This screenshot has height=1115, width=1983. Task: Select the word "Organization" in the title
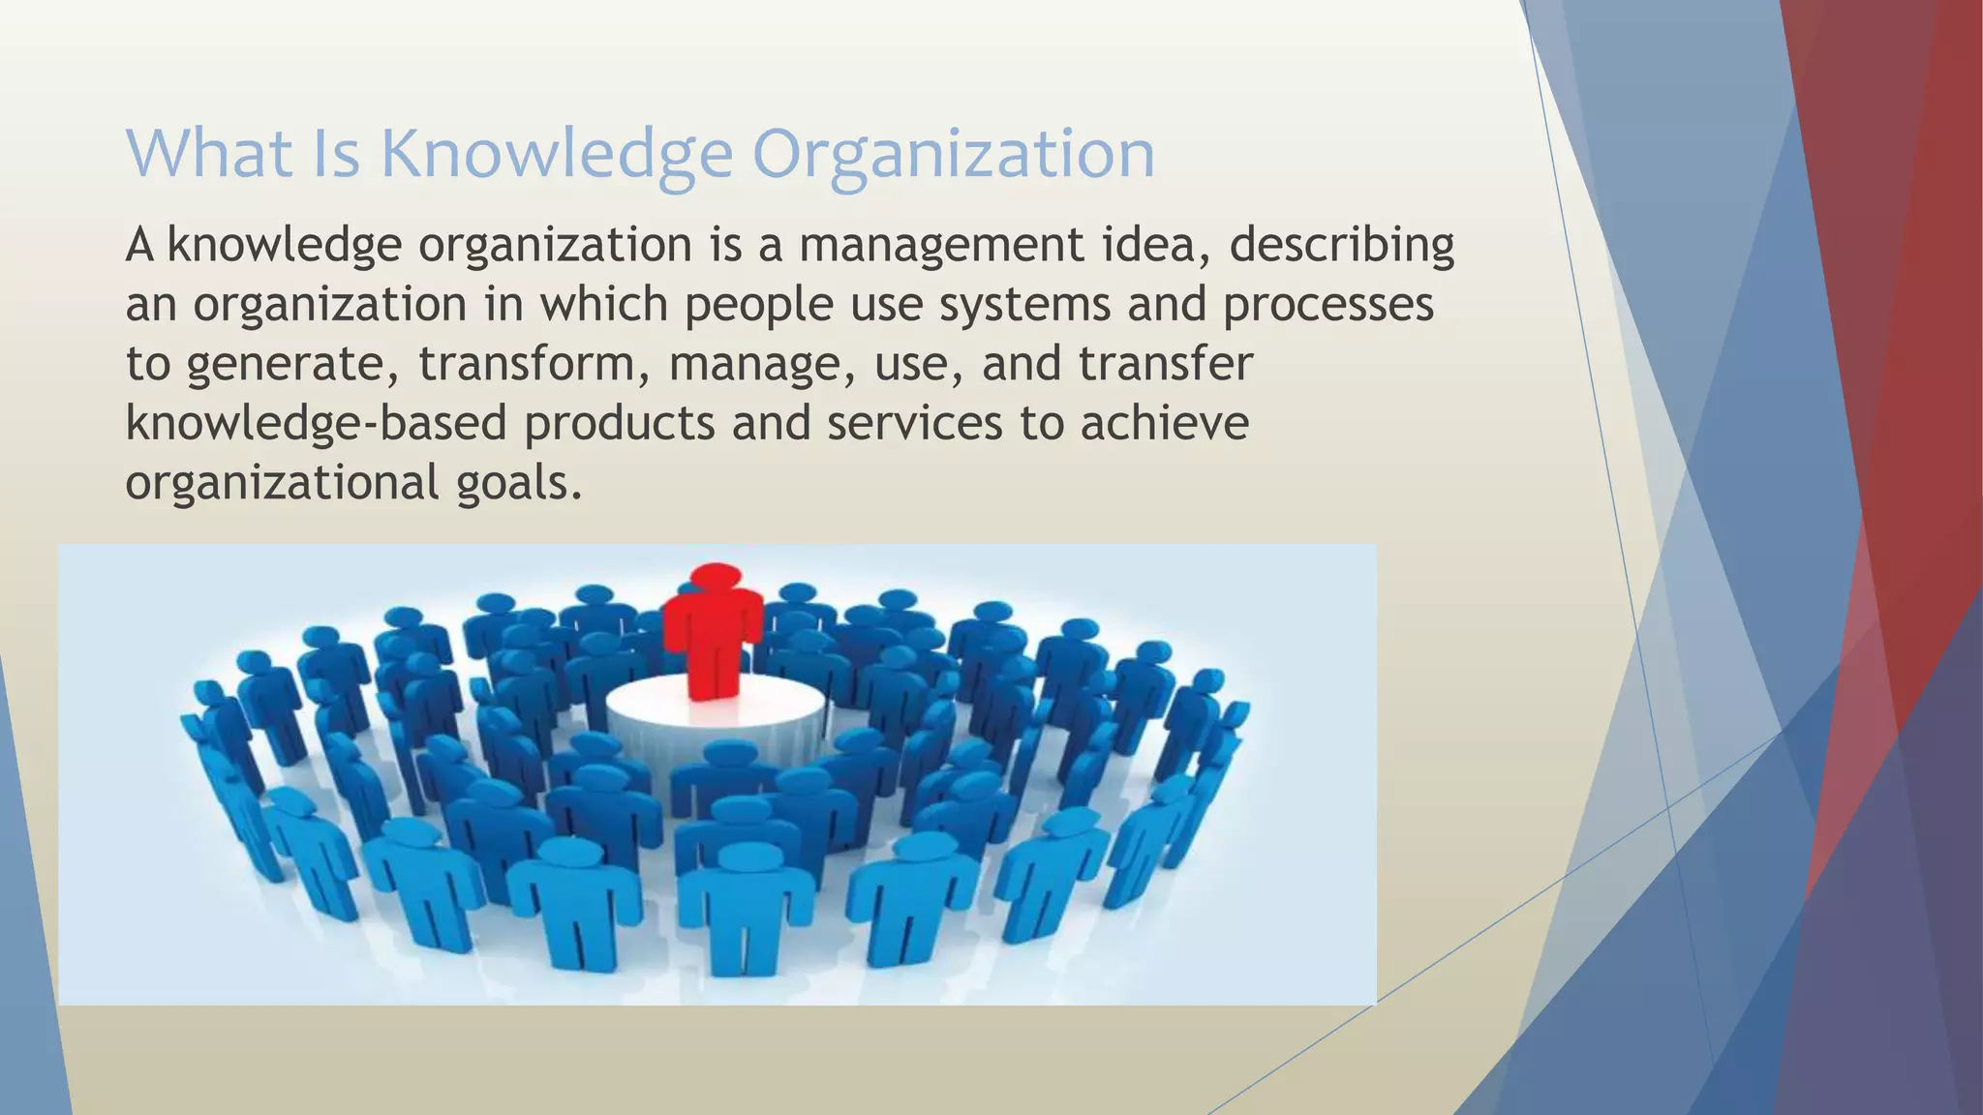tap(954, 155)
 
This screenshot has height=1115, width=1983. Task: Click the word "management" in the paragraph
tap(940, 246)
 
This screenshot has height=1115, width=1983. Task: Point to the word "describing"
tap(1341, 246)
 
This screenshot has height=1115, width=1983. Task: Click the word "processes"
tap(1327, 306)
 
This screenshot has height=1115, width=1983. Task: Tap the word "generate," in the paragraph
tap(294, 366)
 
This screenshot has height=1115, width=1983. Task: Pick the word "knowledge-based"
tap(316, 424)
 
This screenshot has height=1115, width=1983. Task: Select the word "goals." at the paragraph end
tap(519, 484)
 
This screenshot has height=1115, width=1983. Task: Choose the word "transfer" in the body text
tap(1166, 364)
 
